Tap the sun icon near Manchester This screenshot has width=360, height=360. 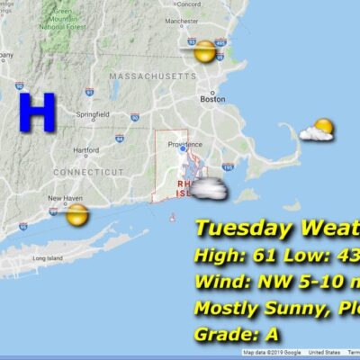click(205, 51)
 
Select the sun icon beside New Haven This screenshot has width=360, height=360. click(77, 215)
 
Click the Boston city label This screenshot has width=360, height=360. click(213, 100)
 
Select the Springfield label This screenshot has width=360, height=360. click(93, 114)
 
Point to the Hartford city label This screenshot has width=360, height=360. click(85, 150)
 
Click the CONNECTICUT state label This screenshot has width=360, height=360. click(88, 171)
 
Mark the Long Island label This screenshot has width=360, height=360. click(46, 259)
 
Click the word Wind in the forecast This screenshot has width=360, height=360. click(214, 283)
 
